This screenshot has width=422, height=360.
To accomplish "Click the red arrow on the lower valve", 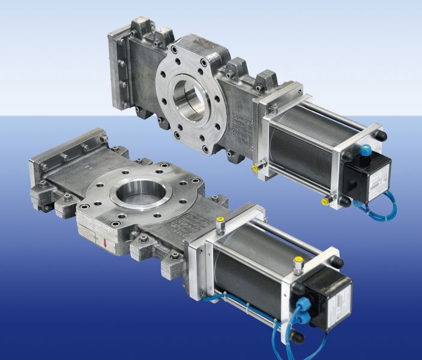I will pos(106,243).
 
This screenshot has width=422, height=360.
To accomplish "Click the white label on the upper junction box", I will pos(378,181).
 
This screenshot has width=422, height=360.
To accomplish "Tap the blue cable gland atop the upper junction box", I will pos(365,151).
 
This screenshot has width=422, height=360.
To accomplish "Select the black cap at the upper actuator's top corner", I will pos(380,136).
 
